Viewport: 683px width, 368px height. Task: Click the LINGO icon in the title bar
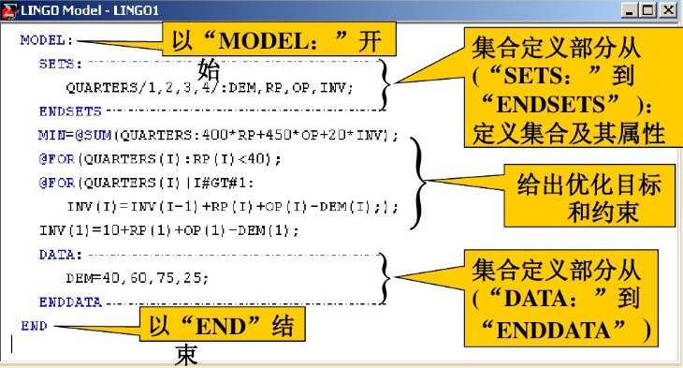[9, 9]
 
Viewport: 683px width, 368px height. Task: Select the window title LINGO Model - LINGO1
[84, 9]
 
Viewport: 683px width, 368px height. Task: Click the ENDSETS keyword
[64, 110]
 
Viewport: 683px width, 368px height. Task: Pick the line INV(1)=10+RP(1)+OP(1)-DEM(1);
[168, 229]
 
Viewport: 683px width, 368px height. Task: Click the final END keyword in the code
[36, 326]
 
